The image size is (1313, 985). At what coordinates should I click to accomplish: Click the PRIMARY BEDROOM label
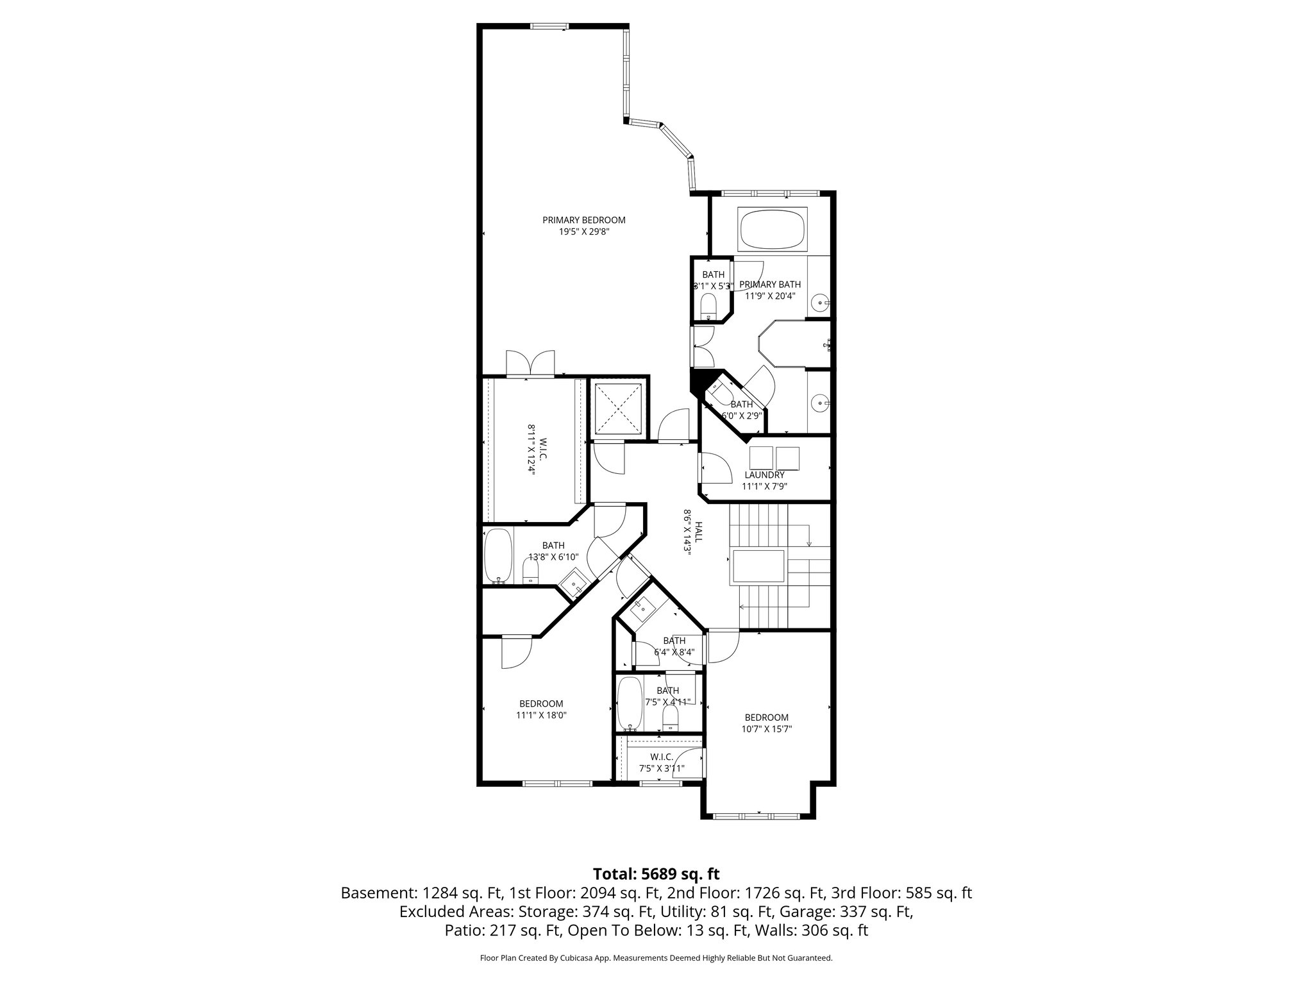pyautogui.click(x=583, y=220)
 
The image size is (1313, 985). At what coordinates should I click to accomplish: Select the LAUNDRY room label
pyautogui.click(x=764, y=475)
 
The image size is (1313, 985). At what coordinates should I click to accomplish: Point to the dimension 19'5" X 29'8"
pyautogui.click(x=583, y=232)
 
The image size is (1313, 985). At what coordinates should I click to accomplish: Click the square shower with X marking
pyautogui.click(x=618, y=408)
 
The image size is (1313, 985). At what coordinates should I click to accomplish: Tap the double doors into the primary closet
pyautogui.click(x=530, y=364)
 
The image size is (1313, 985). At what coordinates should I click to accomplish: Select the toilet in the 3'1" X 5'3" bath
pyautogui.click(x=708, y=307)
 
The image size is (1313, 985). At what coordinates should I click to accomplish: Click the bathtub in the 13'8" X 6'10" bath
pyautogui.click(x=498, y=555)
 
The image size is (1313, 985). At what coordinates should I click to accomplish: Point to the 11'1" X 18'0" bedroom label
pyautogui.click(x=541, y=703)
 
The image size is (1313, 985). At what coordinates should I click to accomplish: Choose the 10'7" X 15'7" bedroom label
pyautogui.click(x=766, y=717)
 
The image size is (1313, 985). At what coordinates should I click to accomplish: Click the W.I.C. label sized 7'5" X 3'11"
pyautogui.click(x=661, y=757)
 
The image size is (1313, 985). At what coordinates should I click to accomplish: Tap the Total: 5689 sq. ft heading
pyautogui.click(x=656, y=874)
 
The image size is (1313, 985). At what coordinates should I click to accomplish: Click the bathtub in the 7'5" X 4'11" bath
pyautogui.click(x=630, y=704)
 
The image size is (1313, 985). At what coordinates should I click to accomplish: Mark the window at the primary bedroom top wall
pyautogui.click(x=549, y=26)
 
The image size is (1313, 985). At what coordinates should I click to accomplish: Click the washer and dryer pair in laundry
pyautogui.click(x=774, y=458)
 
